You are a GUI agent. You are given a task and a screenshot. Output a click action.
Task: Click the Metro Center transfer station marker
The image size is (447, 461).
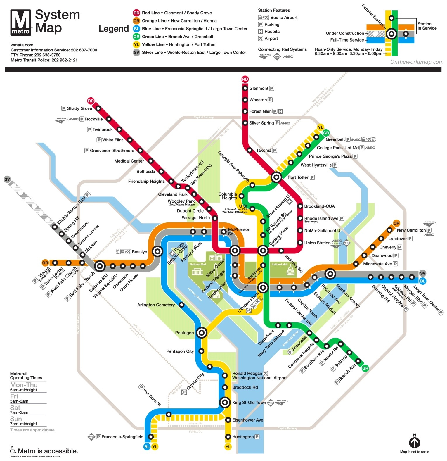[x=235, y=251]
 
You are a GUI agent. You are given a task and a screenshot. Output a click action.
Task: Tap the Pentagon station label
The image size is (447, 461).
[x=184, y=333]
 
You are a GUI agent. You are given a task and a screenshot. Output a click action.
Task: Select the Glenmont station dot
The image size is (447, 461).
[x=245, y=88]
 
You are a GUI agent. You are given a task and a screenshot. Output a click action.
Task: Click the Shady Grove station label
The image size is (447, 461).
[x=79, y=108]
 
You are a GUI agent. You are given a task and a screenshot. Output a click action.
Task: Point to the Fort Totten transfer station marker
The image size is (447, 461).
[x=276, y=177]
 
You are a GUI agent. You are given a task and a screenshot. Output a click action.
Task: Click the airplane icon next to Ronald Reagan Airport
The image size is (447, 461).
[x=265, y=373]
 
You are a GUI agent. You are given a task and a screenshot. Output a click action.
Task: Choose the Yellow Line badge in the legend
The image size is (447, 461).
[x=136, y=44]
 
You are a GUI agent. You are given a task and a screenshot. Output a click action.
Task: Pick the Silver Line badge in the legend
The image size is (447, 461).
[x=136, y=53]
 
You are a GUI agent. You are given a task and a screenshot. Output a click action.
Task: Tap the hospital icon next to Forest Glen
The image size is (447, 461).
[x=281, y=111]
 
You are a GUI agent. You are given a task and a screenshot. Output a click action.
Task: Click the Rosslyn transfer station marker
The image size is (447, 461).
[x=158, y=251]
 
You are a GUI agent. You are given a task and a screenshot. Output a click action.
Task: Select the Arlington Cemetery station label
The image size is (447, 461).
[x=156, y=305]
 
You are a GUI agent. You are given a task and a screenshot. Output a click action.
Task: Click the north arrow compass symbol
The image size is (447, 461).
[x=414, y=442]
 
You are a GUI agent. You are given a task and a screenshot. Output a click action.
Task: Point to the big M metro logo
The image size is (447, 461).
[x=21, y=22]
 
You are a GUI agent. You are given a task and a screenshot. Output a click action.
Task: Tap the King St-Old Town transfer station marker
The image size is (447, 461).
[x=225, y=402]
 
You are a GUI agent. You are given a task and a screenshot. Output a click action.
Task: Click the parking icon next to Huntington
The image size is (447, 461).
[x=257, y=437]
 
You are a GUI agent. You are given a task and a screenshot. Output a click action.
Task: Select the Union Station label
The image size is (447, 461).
[x=317, y=243]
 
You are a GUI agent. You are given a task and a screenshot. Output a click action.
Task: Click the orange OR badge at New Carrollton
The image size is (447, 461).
[x=396, y=223]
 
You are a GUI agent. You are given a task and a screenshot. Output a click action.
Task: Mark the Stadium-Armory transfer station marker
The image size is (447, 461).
[x=330, y=274]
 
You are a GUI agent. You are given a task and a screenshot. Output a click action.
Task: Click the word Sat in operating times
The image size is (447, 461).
[x=15, y=408]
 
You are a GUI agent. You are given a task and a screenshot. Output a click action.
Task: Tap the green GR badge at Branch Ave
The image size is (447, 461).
[x=365, y=368]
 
